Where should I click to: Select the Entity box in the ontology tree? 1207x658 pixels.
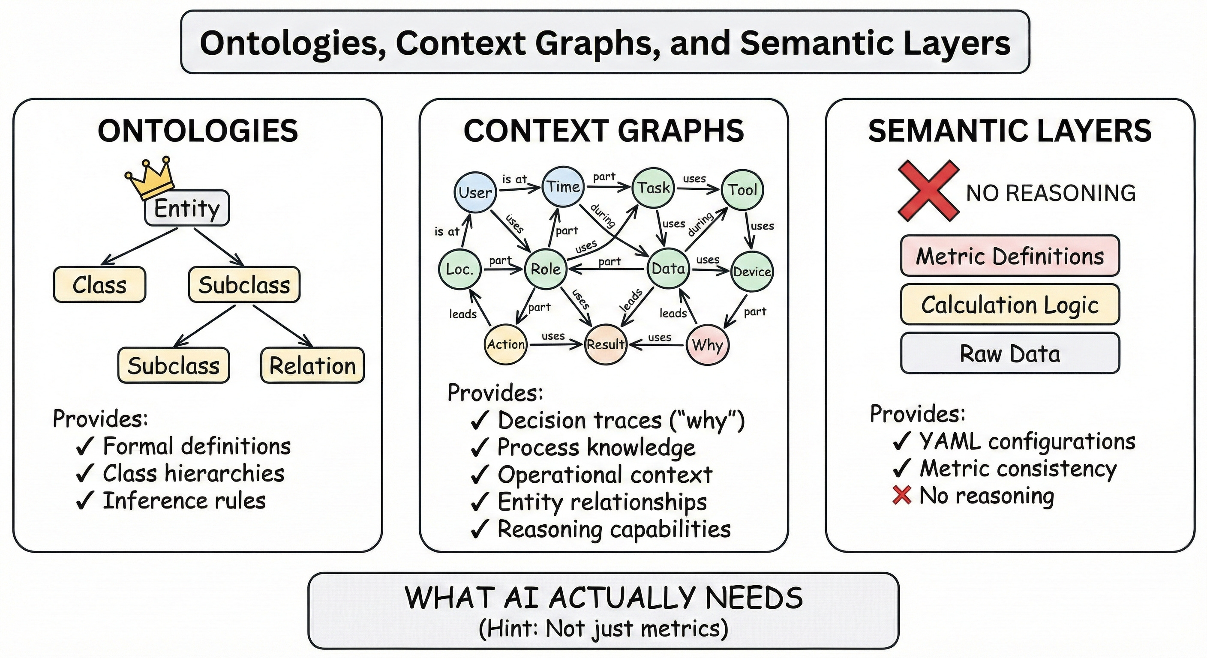click(x=186, y=208)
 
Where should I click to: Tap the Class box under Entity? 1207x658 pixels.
click(x=99, y=285)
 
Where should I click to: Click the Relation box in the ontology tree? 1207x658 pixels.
click(x=312, y=365)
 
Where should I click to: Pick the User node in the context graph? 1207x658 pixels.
click(x=475, y=192)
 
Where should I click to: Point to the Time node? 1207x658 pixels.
click(x=563, y=186)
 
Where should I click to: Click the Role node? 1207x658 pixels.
click(x=545, y=269)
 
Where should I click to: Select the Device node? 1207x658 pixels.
click(x=751, y=271)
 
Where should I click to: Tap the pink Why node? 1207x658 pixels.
click(x=707, y=345)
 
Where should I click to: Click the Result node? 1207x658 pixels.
click(x=605, y=345)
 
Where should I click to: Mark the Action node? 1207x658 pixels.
click(x=506, y=345)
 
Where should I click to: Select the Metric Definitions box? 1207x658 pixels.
click(x=1010, y=256)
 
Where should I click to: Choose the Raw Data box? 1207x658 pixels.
click(x=1010, y=353)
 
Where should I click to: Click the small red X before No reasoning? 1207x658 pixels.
click(x=902, y=495)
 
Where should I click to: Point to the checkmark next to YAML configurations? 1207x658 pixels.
click(x=902, y=441)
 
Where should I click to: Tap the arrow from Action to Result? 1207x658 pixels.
click(x=555, y=345)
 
